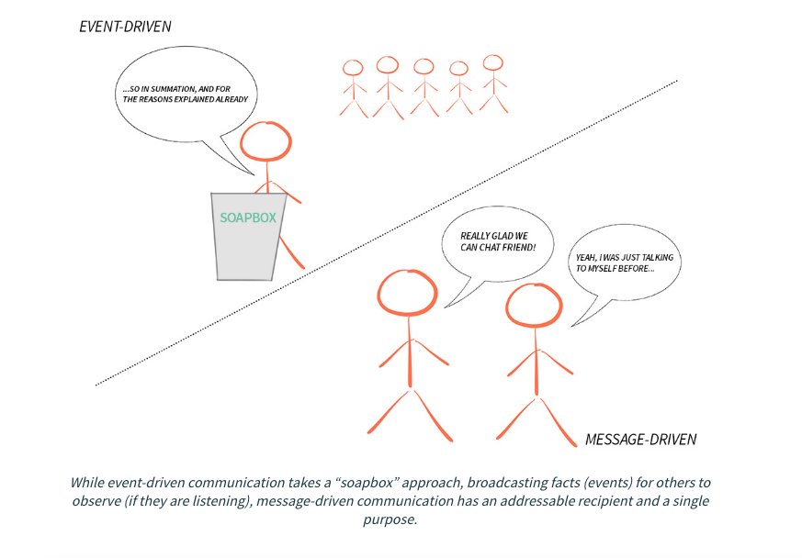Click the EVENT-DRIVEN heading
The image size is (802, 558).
pos(125,27)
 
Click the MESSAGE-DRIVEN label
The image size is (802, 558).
pos(640,440)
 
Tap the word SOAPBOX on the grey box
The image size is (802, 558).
pos(248,218)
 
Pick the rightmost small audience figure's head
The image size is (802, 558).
pos(493,63)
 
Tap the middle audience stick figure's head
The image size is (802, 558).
pos(423,66)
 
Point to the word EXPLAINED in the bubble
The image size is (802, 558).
pos(199,99)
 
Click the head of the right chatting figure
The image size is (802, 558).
pos(534,308)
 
